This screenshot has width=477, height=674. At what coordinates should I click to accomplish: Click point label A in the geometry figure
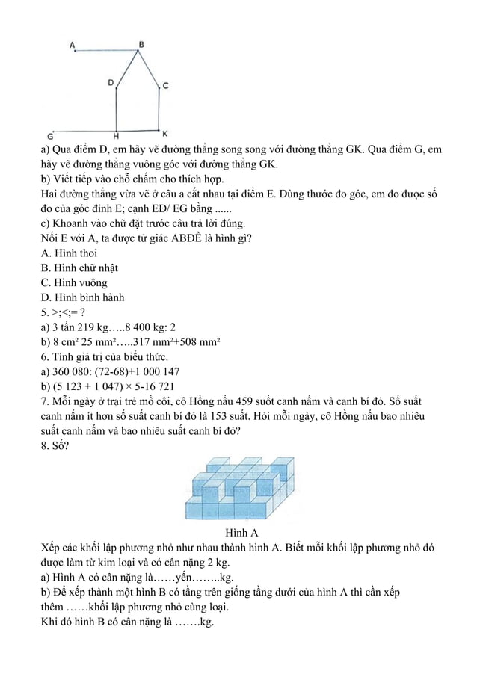73,45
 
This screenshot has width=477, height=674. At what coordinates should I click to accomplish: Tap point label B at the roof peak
141,44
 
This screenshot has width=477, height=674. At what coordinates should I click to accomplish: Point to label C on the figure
166,86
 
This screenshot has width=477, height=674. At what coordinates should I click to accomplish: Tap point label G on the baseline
50,137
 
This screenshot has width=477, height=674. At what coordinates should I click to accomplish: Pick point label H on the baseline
116,136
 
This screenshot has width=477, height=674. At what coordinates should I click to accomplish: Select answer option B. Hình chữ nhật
79,268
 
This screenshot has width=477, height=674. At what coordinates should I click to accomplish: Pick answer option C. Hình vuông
74,282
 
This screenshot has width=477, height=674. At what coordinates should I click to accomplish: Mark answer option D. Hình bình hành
82,297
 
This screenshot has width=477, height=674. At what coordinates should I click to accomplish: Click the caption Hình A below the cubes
241,534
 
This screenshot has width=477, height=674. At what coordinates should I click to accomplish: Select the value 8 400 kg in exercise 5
147,327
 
